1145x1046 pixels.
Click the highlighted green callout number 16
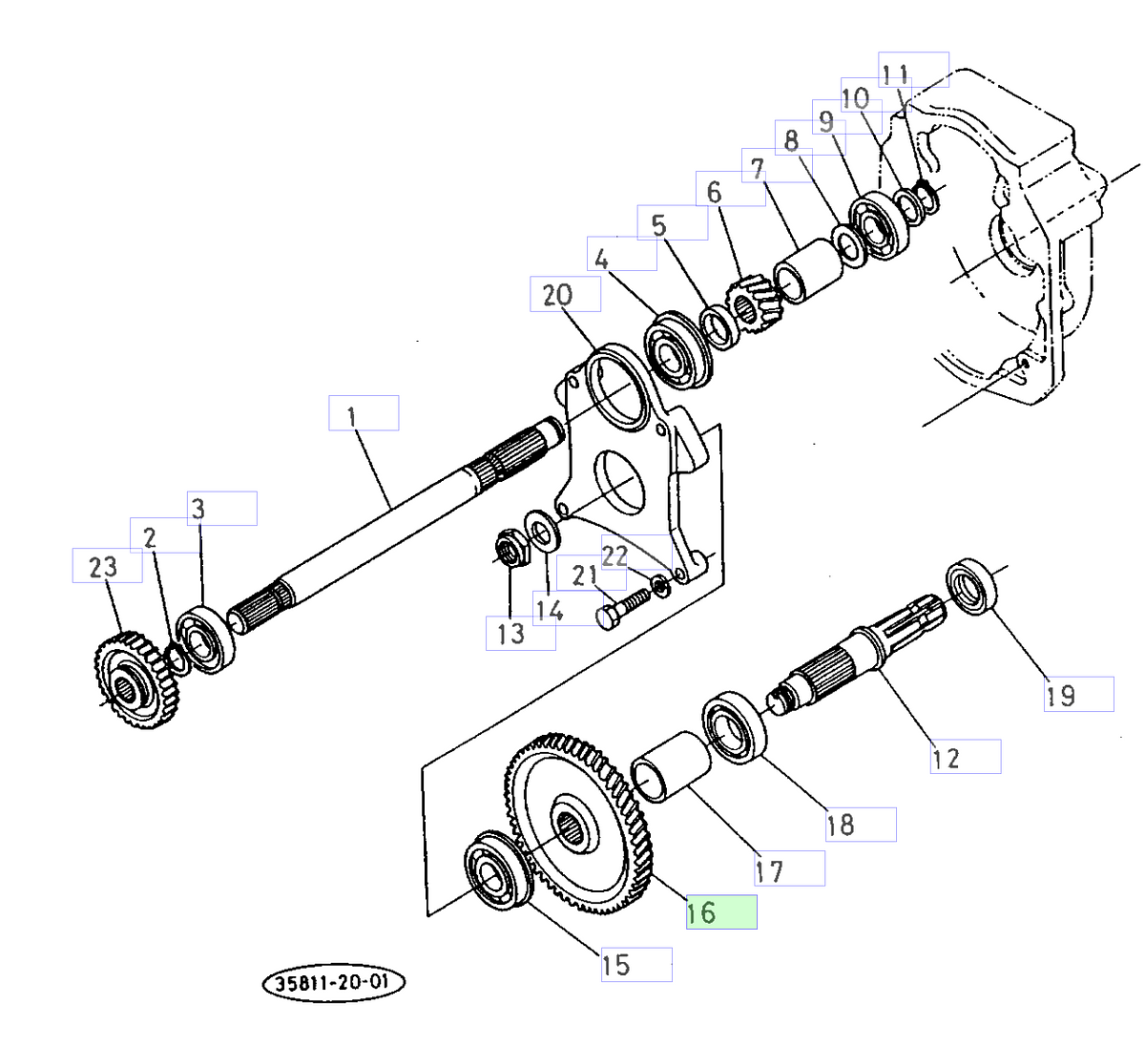click(x=720, y=912)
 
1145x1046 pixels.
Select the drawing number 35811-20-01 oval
click(x=333, y=984)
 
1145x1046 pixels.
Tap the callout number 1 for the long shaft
click(x=363, y=413)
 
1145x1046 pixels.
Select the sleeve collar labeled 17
click(x=672, y=765)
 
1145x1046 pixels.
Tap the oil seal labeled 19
click(x=971, y=589)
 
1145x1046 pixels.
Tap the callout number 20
click(x=565, y=295)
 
